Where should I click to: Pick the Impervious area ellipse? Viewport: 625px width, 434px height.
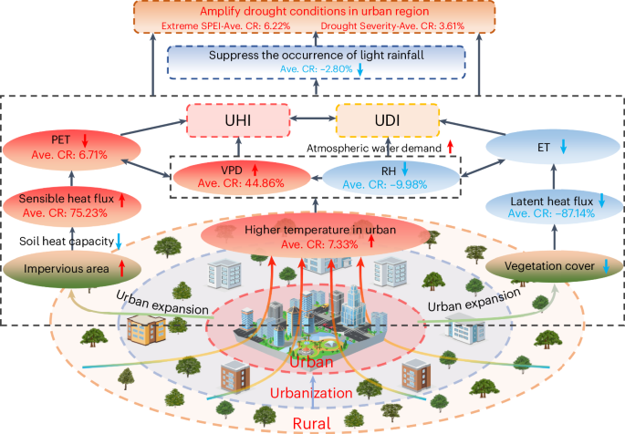tap(63, 268)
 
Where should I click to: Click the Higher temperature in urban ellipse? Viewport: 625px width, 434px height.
tap(312, 235)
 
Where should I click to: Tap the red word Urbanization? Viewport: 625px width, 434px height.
tap(311, 393)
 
